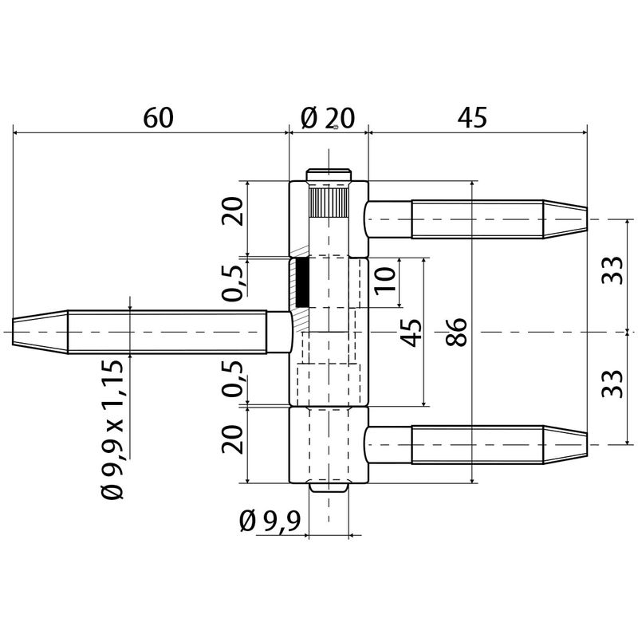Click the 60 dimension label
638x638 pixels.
pos(158,117)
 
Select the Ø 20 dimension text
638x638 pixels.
pos(328,118)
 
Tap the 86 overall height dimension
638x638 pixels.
pos(456,332)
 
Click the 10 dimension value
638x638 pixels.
pos(385,281)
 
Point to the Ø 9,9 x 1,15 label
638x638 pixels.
pos(112,429)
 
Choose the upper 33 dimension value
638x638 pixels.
pos(612,270)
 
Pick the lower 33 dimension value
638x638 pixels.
pos(612,384)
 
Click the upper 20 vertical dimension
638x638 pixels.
pos(232,211)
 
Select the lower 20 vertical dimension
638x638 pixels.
pos(232,439)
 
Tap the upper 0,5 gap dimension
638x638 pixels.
pos(233,283)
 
